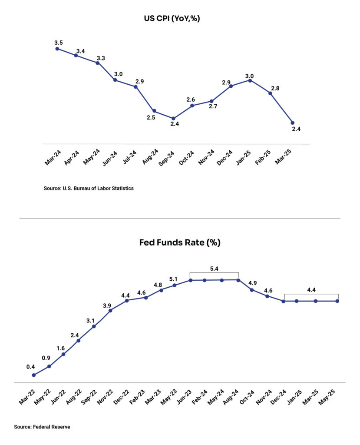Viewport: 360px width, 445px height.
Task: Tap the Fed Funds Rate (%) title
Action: [180, 242]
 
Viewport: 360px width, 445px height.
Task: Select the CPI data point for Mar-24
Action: [57, 49]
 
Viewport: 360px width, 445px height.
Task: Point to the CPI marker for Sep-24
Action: [173, 118]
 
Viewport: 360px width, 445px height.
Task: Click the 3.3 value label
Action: [101, 58]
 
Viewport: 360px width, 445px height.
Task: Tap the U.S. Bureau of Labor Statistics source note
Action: [89, 188]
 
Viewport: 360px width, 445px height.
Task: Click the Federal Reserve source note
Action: [42, 427]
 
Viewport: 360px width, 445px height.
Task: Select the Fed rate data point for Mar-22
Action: [34, 375]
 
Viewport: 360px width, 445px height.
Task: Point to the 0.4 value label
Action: [30, 367]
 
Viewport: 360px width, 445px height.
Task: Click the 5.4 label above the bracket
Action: [214, 269]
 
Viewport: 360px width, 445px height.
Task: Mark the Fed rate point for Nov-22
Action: [110, 310]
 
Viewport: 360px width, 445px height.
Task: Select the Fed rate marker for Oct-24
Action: [252, 289]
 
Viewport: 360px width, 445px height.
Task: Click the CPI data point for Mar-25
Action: [292, 123]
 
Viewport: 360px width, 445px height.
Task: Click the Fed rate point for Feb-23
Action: [146, 298]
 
